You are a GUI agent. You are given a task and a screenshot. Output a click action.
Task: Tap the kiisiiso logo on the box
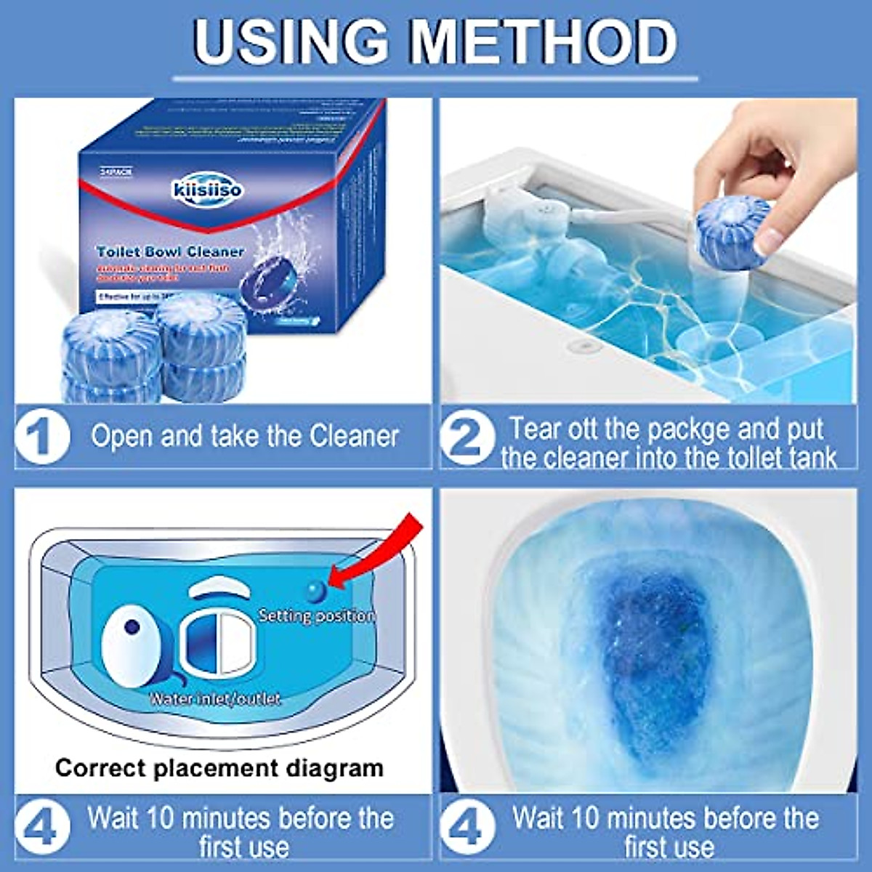[x=208, y=190]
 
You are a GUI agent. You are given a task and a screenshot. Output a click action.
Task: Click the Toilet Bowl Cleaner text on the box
[x=171, y=251]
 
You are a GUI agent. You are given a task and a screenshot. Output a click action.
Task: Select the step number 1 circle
[x=43, y=437]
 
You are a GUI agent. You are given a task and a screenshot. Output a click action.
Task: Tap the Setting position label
[x=317, y=616]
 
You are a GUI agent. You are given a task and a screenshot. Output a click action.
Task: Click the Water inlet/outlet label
[x=215, y=698]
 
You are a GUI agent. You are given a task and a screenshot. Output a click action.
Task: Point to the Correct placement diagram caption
[x=219, y=767]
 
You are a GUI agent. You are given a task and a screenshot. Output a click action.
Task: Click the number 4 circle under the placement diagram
[x=43, y=828]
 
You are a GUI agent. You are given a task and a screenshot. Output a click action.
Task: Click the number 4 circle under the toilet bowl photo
[x=468, y=828]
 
